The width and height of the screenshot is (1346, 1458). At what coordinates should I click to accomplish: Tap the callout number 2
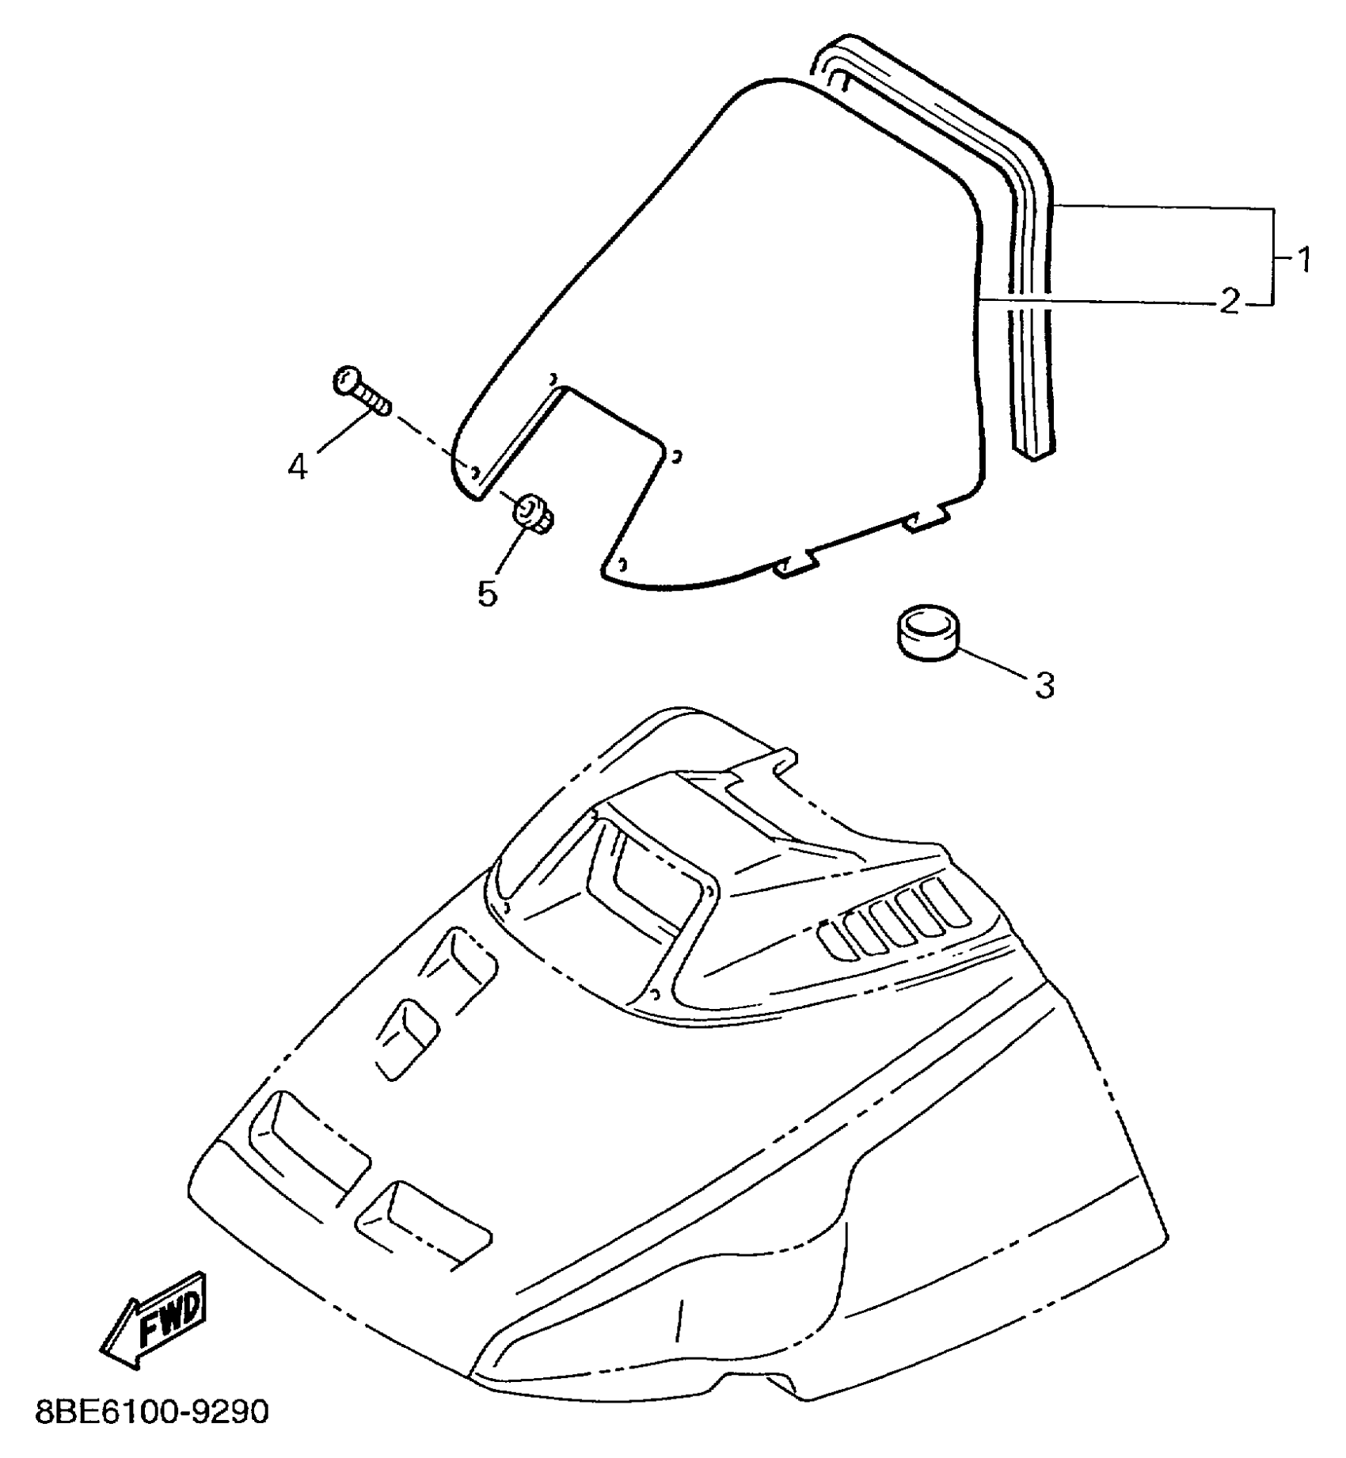1230,302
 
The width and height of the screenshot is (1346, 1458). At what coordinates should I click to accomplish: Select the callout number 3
1045,685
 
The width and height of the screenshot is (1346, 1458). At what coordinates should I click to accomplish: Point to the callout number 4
297,467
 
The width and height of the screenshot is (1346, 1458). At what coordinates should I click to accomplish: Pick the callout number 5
487,592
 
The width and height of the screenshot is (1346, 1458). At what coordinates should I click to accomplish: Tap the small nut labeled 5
533,513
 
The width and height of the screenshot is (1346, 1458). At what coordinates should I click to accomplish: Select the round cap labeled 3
926,631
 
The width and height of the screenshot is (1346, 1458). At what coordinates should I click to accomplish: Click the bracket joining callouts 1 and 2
1272,256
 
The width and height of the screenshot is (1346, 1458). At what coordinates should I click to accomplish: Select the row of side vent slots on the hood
895,919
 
